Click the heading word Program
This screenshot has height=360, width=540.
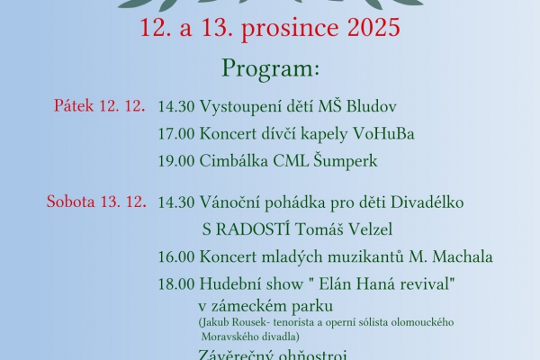(x=270, y=69)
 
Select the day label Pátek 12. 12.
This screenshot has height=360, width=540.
(x=100, y=105)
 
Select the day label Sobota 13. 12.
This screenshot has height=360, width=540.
(x=96, y=201)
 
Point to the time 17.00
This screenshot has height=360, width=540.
(x=176, y=134)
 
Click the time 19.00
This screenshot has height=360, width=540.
(x=176, y=162)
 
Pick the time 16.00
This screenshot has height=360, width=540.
(x=176, y=257)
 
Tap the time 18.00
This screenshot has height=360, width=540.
(x=176, y=283)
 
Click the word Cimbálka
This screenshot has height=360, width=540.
(x=238, y=162)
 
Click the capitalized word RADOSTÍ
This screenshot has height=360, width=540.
(x=252, y=229)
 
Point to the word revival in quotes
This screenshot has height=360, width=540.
(x=421, y=283)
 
